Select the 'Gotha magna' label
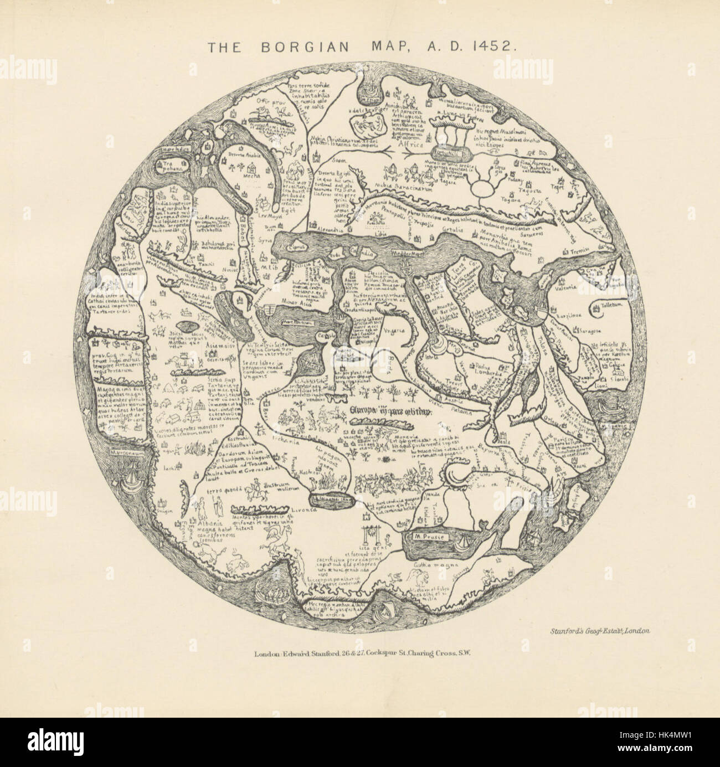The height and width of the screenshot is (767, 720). (435, 565)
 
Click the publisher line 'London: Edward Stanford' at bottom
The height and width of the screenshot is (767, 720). (362, 653)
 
